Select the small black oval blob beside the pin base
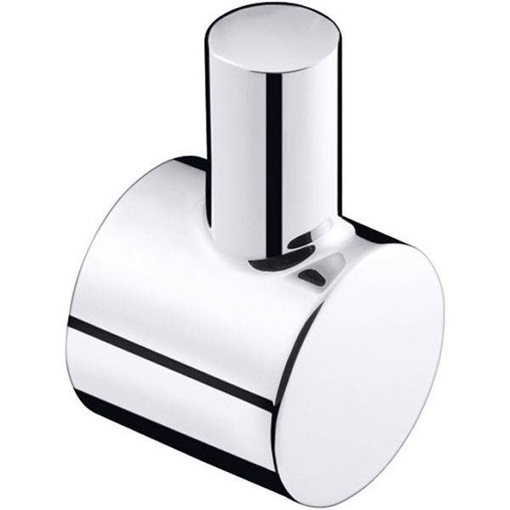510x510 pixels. [314, 274]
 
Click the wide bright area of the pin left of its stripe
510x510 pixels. [238, 153]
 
